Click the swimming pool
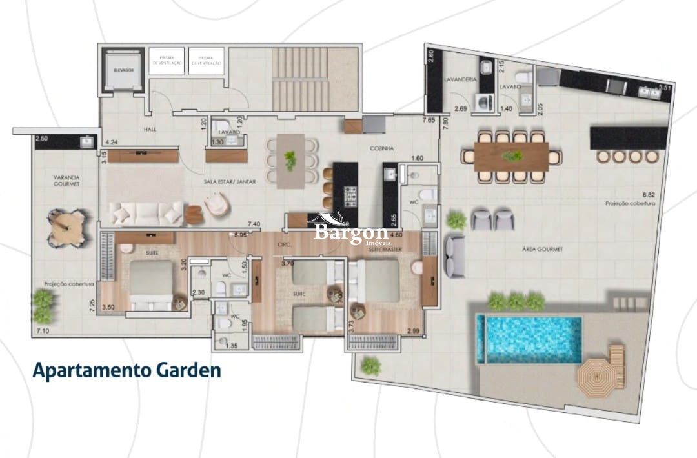coord(529,339)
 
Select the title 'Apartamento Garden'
coord(126,371)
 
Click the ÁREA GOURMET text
coord(545,248)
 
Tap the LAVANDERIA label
coord(460,79)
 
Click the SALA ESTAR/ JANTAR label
coord(229,182)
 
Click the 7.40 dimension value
coord(254,223)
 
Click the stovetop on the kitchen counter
coord(350,194)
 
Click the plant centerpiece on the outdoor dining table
coord(513,155)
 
